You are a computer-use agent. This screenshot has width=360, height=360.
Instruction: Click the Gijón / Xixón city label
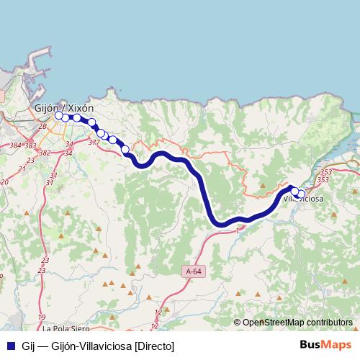pos(65,107)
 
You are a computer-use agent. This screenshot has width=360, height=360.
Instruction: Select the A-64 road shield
pos(193,271)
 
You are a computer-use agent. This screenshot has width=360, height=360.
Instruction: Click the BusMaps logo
pos(325,345)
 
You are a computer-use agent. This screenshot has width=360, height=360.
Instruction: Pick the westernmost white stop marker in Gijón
pos(59,114)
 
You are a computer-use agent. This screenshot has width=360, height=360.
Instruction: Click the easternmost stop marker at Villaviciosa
pos(300,193)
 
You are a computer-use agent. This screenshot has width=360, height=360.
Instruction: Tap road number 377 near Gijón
pos(94,143)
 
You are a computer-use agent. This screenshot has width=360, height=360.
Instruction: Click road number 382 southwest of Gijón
pos(45,153)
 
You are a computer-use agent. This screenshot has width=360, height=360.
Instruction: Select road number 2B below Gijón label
pos(42,127)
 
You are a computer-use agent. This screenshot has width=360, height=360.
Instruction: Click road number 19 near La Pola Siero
pos(42,317)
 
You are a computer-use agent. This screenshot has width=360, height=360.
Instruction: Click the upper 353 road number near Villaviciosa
pos(326,172)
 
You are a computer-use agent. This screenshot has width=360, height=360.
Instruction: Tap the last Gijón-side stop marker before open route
pos(125,150)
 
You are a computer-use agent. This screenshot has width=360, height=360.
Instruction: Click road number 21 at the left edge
pos(21,168)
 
